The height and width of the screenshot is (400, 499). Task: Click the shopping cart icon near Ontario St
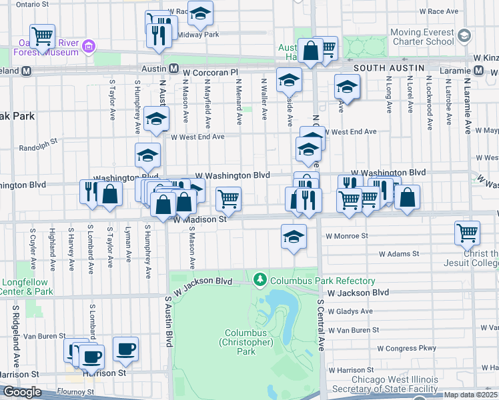42,35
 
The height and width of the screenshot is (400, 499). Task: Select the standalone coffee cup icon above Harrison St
125,348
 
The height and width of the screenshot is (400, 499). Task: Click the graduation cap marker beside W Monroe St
294,236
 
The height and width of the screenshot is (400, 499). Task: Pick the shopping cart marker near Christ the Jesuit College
468,233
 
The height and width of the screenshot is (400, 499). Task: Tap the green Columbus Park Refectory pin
260,280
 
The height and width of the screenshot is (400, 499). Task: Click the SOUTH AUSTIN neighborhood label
389,68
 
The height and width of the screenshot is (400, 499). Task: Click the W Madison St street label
200,219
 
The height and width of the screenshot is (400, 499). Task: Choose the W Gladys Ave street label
350,311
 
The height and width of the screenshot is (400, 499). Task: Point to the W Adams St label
399,254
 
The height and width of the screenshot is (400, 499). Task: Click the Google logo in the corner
22,392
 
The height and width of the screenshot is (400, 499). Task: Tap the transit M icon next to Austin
173,69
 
